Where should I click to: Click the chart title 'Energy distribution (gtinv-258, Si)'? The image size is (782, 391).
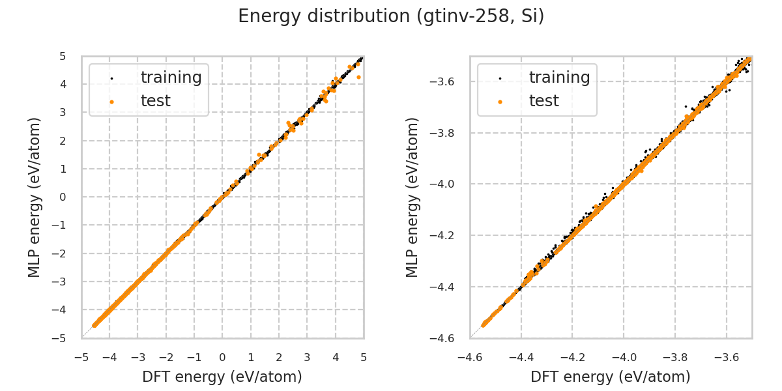[391, 16]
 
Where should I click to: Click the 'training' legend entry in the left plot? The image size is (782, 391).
[171, 78]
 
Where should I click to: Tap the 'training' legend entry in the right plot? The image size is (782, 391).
[559, 78]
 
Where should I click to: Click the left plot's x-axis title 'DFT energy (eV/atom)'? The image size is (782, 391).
[222, 377]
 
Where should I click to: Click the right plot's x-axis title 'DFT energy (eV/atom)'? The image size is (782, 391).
[611, 377]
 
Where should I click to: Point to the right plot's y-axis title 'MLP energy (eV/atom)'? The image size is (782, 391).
[413, 197]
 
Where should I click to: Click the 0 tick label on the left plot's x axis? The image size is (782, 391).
[222, 357]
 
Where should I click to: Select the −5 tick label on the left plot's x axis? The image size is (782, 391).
[81, 357]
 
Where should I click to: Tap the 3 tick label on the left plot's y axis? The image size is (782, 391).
[63, 113]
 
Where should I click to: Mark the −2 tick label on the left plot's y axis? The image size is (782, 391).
[61, 253]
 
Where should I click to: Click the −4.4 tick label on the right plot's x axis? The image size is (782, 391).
[525, 357]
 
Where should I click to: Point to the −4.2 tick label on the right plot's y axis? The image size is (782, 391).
[445, 236]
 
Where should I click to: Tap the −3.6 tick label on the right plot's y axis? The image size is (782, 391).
[445, 82]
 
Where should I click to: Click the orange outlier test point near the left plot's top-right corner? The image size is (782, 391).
[358, 77]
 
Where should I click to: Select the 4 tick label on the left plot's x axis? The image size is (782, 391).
[335, 357]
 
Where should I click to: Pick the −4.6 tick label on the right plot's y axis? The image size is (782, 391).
[445, 338]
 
